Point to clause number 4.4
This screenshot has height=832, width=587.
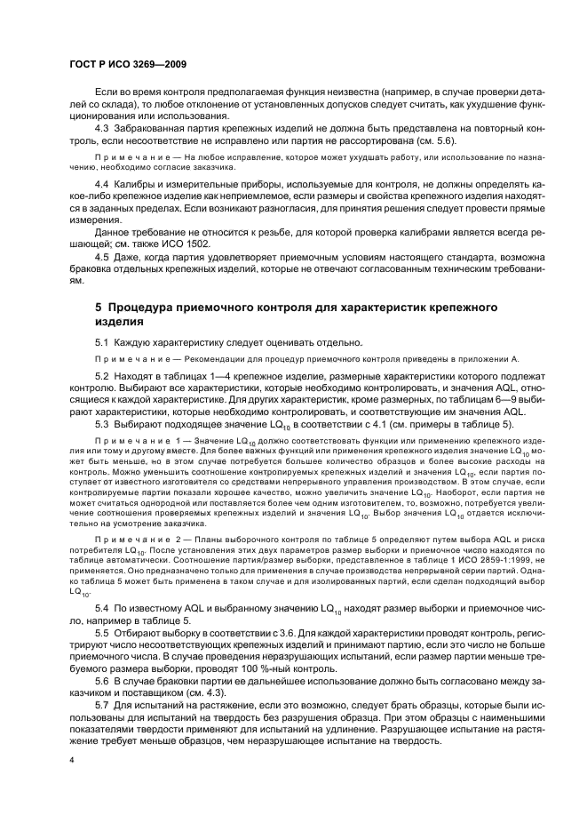click(102, 183)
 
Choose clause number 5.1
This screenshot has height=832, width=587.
click(102, 341)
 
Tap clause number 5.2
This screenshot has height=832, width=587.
click(102, 377)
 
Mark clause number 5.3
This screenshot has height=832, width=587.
click(102, 423)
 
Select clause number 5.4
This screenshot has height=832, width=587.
click(102, 605)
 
